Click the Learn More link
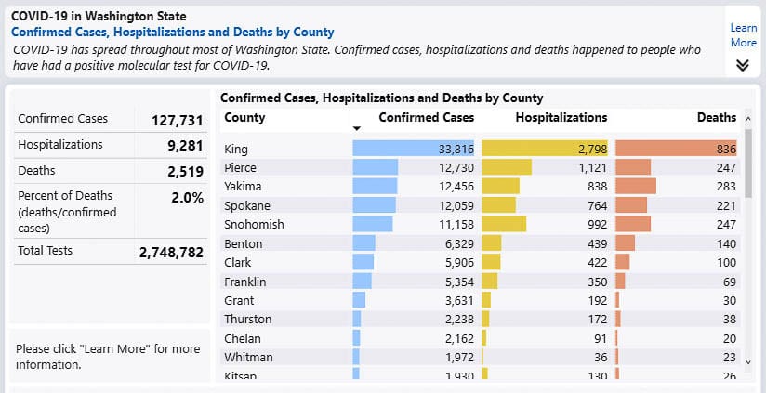[743, 35]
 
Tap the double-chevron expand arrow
[743, 65]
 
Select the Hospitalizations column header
[561, 118]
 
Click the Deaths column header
[716, 118]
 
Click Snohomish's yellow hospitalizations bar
[504, 224]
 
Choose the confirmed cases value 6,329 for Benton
[453, 243]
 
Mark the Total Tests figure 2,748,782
[170, 252]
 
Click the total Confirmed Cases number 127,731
[177, 120]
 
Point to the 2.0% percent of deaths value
[187, 198]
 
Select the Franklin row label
[245, 282]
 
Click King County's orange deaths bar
[676, 149]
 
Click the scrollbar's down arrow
[749, 362]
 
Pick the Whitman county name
[248, 358]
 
